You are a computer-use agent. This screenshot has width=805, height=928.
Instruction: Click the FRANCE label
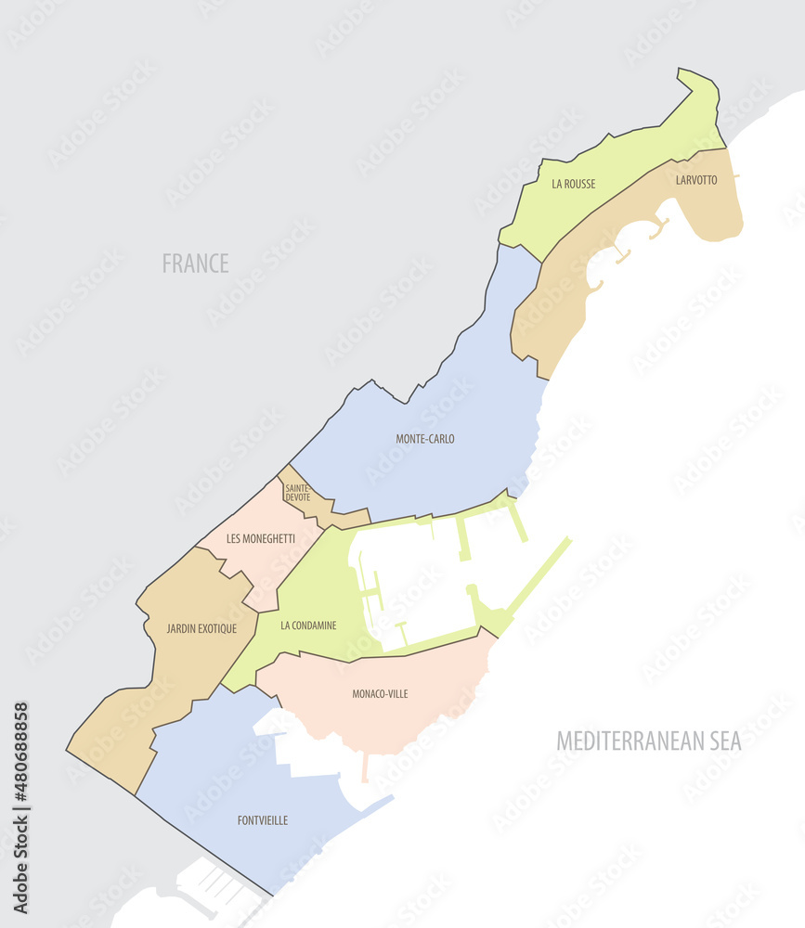195,263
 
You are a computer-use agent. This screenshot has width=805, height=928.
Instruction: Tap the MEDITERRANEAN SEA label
648,741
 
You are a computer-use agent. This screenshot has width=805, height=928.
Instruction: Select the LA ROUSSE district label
574,184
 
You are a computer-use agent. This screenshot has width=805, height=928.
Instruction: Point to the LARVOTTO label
696,180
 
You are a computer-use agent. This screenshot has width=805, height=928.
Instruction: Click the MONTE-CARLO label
425,439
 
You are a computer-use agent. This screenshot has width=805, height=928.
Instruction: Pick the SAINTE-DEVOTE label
298,493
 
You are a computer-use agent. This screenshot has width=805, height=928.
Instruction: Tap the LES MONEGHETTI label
261,538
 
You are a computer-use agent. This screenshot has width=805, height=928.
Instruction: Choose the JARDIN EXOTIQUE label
201,628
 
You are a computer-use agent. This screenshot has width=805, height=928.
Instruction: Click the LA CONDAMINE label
308,625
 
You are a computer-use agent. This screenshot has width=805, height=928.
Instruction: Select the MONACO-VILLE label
380,693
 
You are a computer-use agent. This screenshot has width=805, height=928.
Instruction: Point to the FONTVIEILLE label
263,820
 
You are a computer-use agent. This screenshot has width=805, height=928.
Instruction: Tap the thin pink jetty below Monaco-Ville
365,767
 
